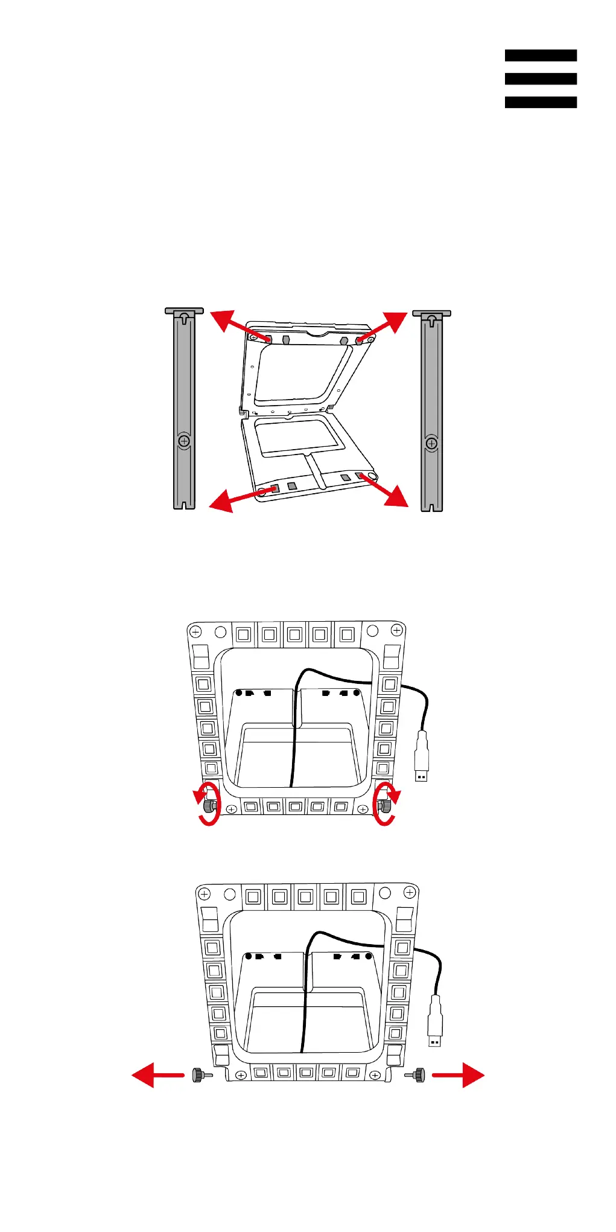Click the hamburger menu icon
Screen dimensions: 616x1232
point(541,78)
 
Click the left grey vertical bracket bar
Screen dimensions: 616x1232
point(184,410)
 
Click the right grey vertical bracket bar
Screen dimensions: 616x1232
point(431,410)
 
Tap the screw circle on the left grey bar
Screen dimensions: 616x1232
point(184,441)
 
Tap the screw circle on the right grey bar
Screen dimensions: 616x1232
point(431,444)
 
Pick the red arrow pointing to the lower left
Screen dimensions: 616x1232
point(232,499)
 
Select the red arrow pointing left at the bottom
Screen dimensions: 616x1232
point(156,1075)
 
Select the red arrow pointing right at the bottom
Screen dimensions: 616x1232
point(460,1075)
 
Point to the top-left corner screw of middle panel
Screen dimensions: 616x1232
point(195,632)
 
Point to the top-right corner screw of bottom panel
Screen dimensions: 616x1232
point(410,892)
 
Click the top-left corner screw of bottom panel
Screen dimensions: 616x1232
point(205,894)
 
